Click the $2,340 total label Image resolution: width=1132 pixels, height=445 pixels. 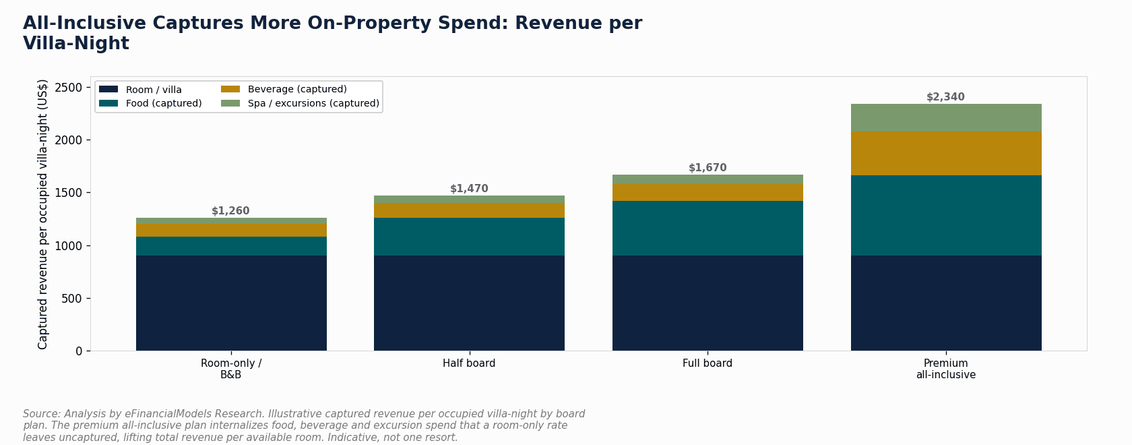click(945, 97)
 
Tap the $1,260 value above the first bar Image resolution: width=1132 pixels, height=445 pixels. click(230, 211)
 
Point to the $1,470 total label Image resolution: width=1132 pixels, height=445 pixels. click(469, 189)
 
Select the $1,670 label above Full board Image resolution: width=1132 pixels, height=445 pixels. click(707, 167)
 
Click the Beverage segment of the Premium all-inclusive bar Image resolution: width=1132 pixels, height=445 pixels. click(946, 153)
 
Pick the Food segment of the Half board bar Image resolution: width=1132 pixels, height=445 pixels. click(469, 237)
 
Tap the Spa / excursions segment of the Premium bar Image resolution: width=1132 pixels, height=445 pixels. click(946, 118)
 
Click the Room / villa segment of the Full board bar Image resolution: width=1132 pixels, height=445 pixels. click(707, 303)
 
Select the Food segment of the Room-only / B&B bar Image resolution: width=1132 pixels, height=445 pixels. click(232, 246)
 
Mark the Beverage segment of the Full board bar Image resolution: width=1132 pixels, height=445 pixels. click(707, 193)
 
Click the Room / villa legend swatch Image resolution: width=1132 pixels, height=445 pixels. click(108, 89)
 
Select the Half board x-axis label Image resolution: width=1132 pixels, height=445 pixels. click(469, 363)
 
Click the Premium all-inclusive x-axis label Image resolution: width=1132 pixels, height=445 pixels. click(946, 369)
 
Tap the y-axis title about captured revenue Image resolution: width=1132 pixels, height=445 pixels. click(42, 214)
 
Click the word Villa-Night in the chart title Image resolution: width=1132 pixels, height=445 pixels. click(76, 43)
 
